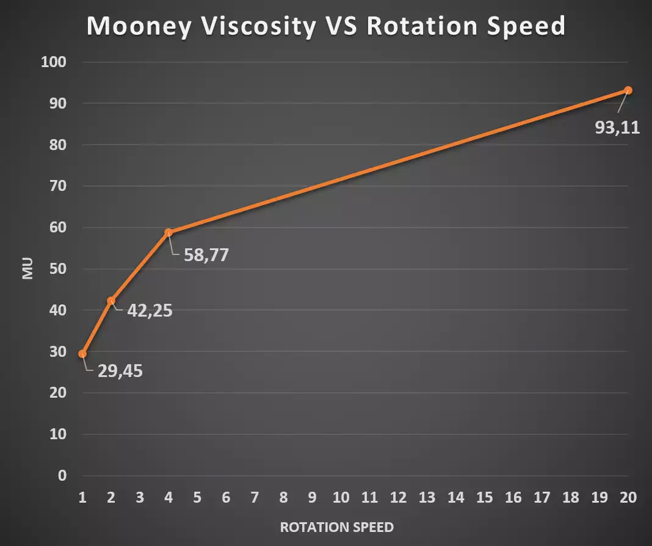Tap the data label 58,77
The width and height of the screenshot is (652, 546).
206,254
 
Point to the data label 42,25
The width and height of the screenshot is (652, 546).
150,311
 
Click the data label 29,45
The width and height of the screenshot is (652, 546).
120,370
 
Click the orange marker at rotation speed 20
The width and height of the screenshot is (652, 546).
628,90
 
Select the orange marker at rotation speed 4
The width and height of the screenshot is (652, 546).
168,232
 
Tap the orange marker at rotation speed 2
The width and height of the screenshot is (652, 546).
111,301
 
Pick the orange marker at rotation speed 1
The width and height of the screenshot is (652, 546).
82,354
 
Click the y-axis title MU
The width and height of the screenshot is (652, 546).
27,269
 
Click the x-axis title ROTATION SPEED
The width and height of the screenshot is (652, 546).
336,527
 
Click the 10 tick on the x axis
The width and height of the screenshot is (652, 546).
341,498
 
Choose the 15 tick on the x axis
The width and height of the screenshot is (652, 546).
484,498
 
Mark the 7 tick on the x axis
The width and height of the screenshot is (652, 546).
255,498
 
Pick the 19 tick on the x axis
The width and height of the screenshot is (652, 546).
599,498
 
